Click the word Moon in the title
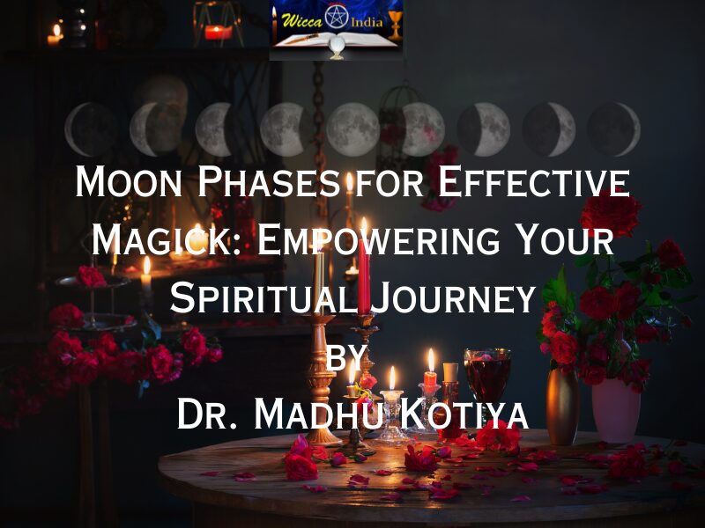tap(128, 181)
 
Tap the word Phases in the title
tap(269, 181)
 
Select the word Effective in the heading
tap(533, 181)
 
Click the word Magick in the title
tap(165, 239)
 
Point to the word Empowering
tap(378, 239)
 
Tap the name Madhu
tap(318, 414)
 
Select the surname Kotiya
tap(464, 414)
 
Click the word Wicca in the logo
tap(301, 20)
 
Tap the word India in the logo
tap(367, 22)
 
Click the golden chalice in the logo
tap(394, 25)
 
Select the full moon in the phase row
tap(353, 129)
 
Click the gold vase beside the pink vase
tap(562, 407)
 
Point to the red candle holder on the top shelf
tap(218, 33)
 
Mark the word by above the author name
tap(345, 357)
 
